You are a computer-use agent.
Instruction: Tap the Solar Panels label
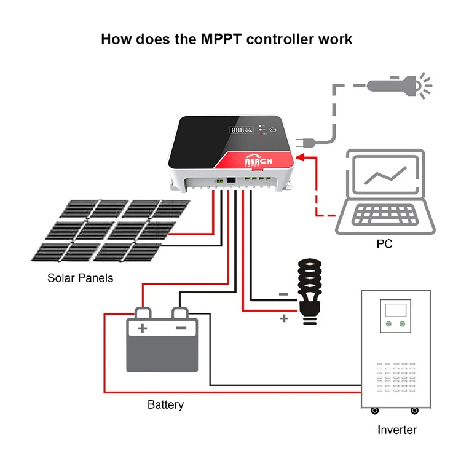[x=81, y=278]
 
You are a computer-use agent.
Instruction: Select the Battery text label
[x=165, y=405]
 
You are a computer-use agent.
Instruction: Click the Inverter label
[x=397, y=430]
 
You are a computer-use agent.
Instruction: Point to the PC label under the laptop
[x=384, y=244]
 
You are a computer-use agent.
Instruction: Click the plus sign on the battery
[x=143, y=328]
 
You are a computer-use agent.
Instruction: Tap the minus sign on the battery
[x=181, y=328]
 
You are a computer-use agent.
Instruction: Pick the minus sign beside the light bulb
[x=284, y=294]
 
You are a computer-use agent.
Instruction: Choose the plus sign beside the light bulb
[x=284, y=318]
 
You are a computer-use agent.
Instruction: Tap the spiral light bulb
[x=309, y=291]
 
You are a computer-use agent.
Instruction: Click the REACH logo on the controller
[x=258, y=160]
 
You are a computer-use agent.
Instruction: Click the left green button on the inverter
[x=388, y=324]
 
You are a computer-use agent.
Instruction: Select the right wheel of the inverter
[x=414, y=411]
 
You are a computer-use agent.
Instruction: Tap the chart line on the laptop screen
[x=385, y=176]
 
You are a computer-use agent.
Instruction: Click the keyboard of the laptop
[x=385, y=215]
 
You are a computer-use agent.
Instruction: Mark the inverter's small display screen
[x=395, y=310]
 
